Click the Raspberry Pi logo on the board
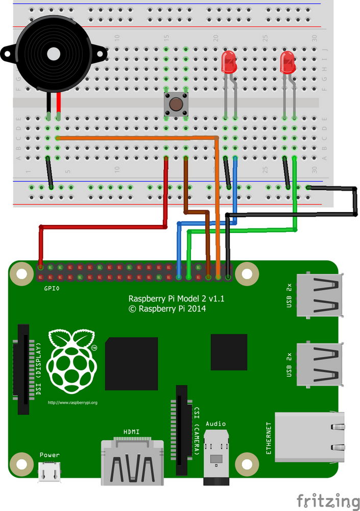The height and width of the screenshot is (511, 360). click(x=71, y=358)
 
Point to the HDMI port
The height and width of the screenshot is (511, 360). click(x=132, y=463)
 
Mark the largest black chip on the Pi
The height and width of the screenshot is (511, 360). click(x=131, y=363)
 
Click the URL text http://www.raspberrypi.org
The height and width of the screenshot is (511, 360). click(x=72, y=403)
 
